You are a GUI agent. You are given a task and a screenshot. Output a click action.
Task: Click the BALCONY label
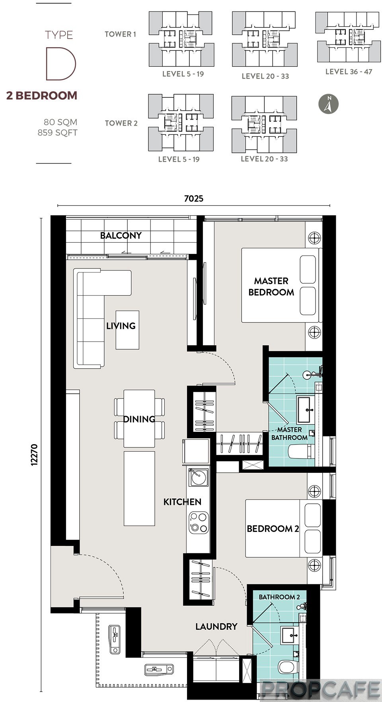coord(121,235)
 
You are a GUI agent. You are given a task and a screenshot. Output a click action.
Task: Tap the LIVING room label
coord(121,326)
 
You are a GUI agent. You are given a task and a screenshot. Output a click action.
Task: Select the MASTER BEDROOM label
coord(271,286)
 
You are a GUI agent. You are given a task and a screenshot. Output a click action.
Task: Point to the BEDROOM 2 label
coord(273,528)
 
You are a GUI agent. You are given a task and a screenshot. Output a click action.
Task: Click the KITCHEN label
coord(182,502)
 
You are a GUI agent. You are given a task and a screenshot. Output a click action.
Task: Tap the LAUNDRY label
coord(216,627)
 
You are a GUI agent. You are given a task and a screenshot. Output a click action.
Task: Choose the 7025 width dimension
coord(194,198)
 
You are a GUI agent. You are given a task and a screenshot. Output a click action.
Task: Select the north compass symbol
coord(328,104)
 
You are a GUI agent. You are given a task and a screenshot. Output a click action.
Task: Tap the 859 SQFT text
coord(57,133)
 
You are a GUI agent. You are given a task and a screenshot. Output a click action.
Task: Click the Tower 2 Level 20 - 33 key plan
coord(264,124)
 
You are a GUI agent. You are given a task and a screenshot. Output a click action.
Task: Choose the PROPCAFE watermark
coord(320,689)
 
